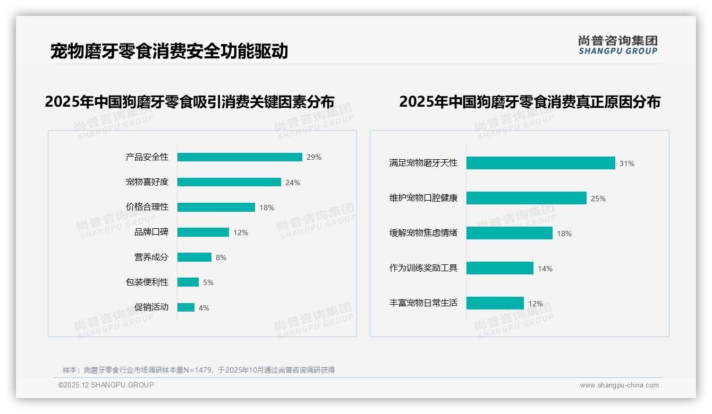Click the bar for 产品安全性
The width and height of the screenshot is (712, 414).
(240, 157)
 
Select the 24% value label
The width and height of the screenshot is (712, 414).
(293, 183)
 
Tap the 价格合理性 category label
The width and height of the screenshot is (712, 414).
(147, 207)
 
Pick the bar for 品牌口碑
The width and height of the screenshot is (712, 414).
(203, 232)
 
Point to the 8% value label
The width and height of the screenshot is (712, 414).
(221, 257)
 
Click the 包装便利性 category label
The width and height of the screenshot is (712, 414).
(147, 282)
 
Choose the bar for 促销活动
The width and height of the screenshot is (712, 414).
(186, 307)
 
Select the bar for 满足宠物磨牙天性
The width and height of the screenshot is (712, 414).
(540, 163)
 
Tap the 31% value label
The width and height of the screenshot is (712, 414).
(627, 163)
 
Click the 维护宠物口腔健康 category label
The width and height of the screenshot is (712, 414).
(423, 198)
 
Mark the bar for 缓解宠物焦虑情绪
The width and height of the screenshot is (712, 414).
(509, 233)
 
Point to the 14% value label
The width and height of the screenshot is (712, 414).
(545, 269)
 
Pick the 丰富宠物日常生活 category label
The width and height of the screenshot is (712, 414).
(423, 303)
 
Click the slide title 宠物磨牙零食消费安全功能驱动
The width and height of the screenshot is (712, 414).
(169, 51)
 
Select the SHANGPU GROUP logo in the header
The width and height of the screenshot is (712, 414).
(617, 45)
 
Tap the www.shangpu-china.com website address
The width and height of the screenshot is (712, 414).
(619, 385)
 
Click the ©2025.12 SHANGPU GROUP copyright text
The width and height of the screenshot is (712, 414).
(106, 385)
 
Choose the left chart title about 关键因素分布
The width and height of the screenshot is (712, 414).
(190, 102)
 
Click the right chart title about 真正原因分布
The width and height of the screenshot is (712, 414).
(529, 102)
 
